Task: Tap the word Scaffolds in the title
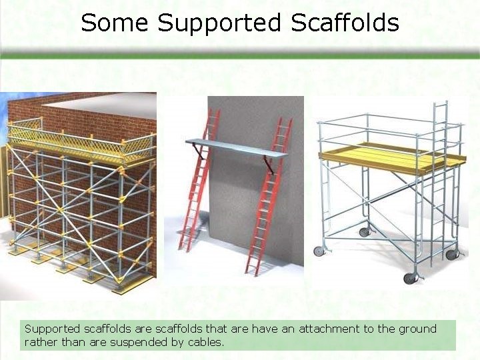pos(345,23)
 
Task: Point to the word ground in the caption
pos(417,329)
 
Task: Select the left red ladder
pos(197,187)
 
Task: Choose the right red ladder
pos(268,200)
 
